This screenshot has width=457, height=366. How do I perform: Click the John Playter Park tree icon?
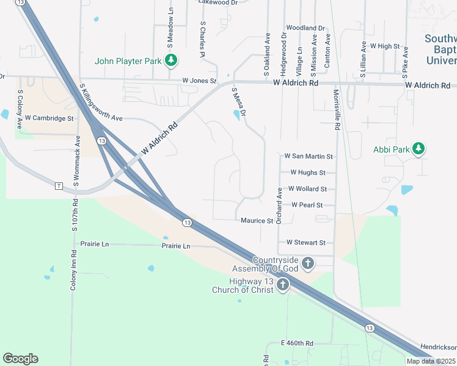(172, 60)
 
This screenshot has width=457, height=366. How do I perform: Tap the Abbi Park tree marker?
(419, 149)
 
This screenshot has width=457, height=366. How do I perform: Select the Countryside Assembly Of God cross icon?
(309, 264)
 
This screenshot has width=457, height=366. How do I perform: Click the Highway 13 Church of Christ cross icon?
(283, 285)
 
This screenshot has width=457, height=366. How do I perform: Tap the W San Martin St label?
(309, 157)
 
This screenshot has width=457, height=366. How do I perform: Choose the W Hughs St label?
(308, 173)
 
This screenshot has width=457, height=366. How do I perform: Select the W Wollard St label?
(307, 189)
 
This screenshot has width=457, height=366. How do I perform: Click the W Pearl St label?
(307, 205)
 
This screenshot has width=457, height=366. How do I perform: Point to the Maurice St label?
(257, 221)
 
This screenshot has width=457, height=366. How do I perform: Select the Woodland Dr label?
(305, 28)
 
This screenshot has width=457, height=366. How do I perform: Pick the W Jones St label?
(199, 81)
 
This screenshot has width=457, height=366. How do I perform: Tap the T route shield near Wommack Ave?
(59, 185)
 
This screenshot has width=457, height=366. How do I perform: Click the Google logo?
(20, 359)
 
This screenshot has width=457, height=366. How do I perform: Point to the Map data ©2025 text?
(431, 361)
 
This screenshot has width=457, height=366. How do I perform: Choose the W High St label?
(384, 46)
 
